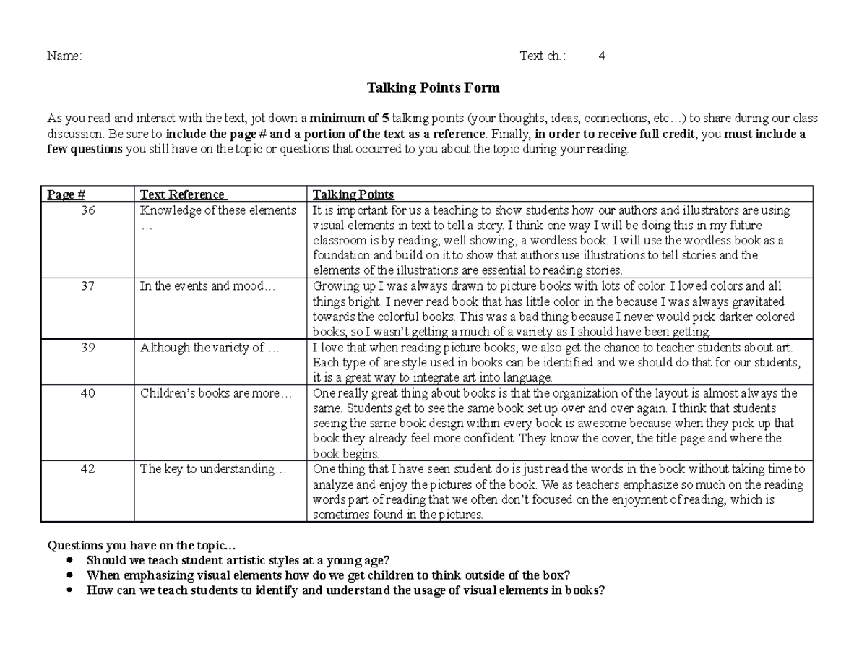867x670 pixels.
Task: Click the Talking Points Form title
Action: (x=433, y=88)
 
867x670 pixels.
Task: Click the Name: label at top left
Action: (x=64, y=56)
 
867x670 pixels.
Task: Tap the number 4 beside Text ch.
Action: (x=601, y=56)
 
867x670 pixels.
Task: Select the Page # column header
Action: (x=66, y=194)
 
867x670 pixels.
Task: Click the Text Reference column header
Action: (x=183, y=194)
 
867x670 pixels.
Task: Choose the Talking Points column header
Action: (x=353, y=194)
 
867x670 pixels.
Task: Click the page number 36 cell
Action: (x=87, y=210)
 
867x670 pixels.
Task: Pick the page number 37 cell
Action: (x=87, y=285)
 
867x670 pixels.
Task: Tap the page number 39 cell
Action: (x=87, y=348)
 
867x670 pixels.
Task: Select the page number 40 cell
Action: (x=87, y=394)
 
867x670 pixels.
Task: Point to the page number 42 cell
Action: (x=87, y=469)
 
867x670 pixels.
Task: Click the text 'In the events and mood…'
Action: (x=208, y=285)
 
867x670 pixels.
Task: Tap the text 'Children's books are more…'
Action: (x=216, y=394)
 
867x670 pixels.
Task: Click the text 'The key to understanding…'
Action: (x=213, y=469)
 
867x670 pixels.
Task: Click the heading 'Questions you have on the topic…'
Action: (x=142, y=546)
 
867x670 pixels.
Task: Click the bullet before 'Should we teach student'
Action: (x=69, y=560)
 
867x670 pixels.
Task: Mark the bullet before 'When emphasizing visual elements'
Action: (x=69, y=575)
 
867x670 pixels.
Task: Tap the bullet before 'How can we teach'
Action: (x=69, y=590)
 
